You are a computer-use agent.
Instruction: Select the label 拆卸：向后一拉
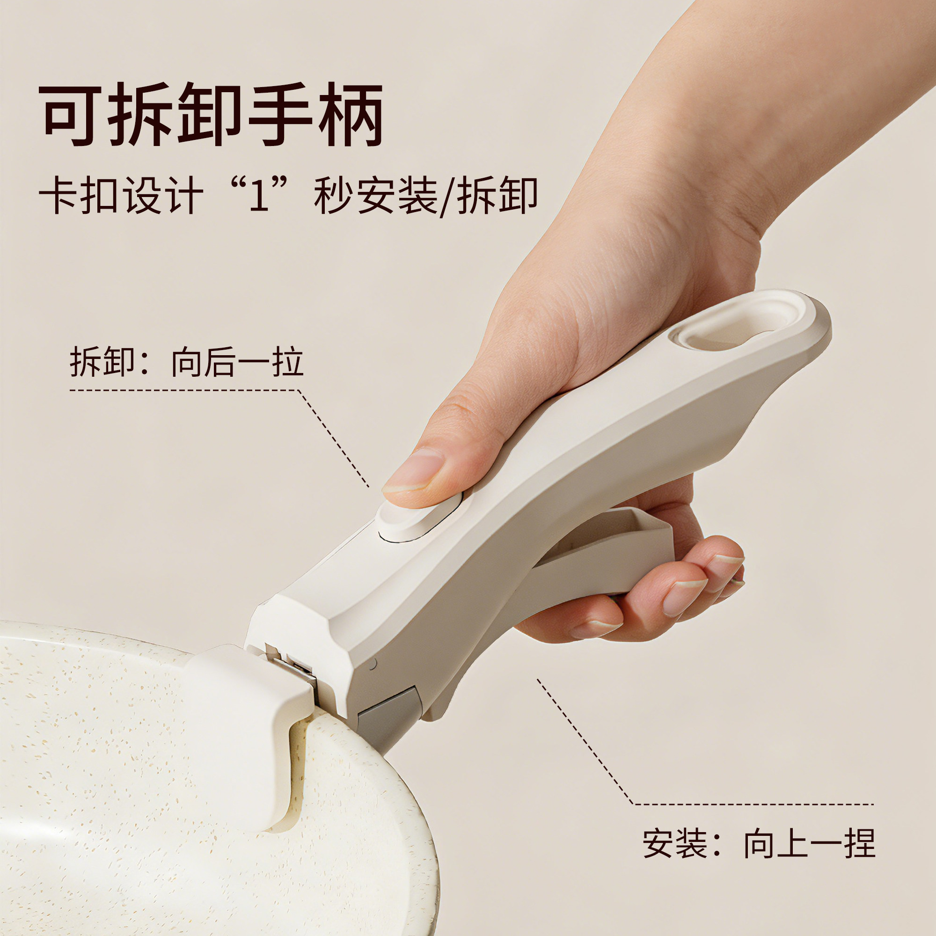coord(187,362)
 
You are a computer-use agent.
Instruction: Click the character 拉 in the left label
coord(288,362)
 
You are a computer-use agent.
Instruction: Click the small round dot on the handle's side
coord(373,664)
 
